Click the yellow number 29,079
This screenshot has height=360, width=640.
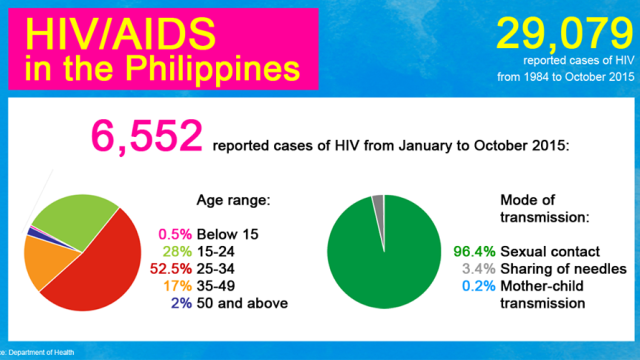point(565,33)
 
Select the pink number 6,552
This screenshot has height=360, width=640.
point(147,137)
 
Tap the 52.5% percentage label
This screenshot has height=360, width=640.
point(171,269)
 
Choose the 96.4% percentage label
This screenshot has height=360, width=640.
point(474,251)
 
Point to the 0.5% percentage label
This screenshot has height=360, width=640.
point(175,234)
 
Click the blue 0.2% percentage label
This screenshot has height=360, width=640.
point(478,286)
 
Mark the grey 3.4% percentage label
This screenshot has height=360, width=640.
point(478,269)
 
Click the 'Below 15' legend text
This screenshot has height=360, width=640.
point(227,234)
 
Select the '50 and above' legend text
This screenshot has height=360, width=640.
point(242,303)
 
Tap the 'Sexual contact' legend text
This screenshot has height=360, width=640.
point(550,251)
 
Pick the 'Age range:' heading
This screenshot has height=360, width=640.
point(233,200)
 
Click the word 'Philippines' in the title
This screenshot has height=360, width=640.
point(212,68)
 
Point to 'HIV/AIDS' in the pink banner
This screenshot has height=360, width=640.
point(120,34)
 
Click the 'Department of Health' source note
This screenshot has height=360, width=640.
point(41,352)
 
